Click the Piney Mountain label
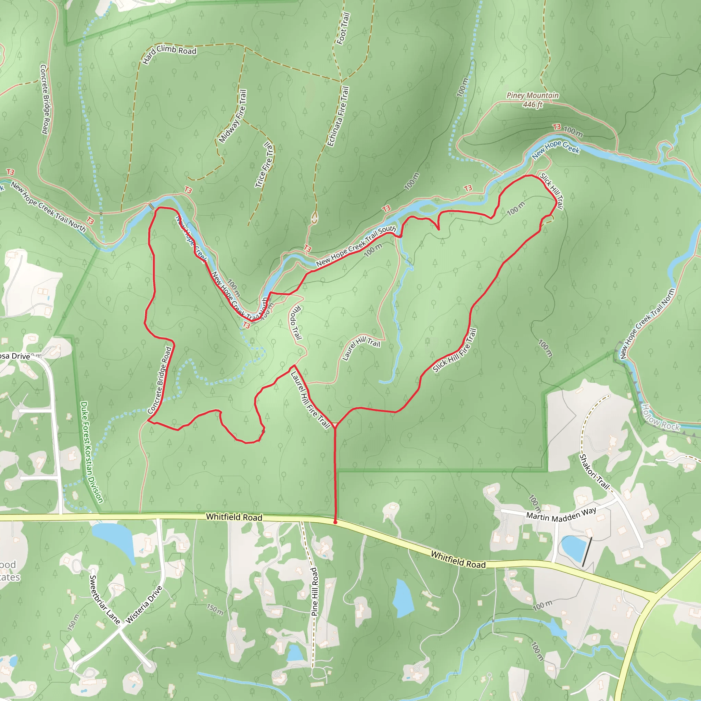click(532, 95)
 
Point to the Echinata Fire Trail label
click(338, 116)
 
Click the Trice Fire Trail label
click(264, 165)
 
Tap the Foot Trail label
click(343, 29)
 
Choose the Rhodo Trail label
click(295, 322)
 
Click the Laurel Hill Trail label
click(361, 348)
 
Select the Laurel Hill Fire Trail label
click(310, 400)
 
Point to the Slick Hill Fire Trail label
click(455, 350)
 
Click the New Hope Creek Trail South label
click(356, 246)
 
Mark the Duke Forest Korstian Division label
click(91, 452)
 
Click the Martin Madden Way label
click(561, 515)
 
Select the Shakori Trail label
click(594, 472)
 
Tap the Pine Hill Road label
click(315, 591)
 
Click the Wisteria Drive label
click(144, 604)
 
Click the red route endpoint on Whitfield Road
click(335, 522)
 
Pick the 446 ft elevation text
click(532, 104)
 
